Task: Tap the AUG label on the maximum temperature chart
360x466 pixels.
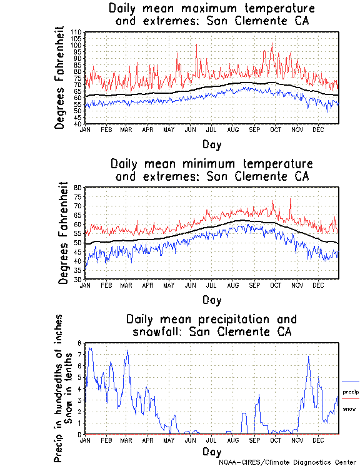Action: (x=234, y=129)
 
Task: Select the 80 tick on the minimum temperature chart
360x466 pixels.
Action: (x=79, y=187)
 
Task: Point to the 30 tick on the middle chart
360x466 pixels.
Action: (x=79, y=279)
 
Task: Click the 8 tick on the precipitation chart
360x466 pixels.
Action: (x=79, y=343)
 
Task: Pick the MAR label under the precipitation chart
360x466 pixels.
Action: (x=126, y=440)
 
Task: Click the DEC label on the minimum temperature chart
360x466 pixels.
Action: (x=318, y=285)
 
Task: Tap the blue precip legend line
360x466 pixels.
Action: (x=351, y=382)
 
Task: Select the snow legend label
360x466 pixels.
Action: (x=349, y=409)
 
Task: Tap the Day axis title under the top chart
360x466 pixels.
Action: (x=212, y=144)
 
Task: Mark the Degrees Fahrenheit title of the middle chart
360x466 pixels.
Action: (x=63, y=233)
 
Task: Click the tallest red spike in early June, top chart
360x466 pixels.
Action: (x=197, y=44)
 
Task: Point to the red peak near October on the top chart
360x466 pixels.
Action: (x=272, y=43)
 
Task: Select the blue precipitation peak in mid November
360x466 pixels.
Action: (x=308, y=357)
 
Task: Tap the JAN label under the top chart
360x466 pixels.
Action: (x=85, y=129)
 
